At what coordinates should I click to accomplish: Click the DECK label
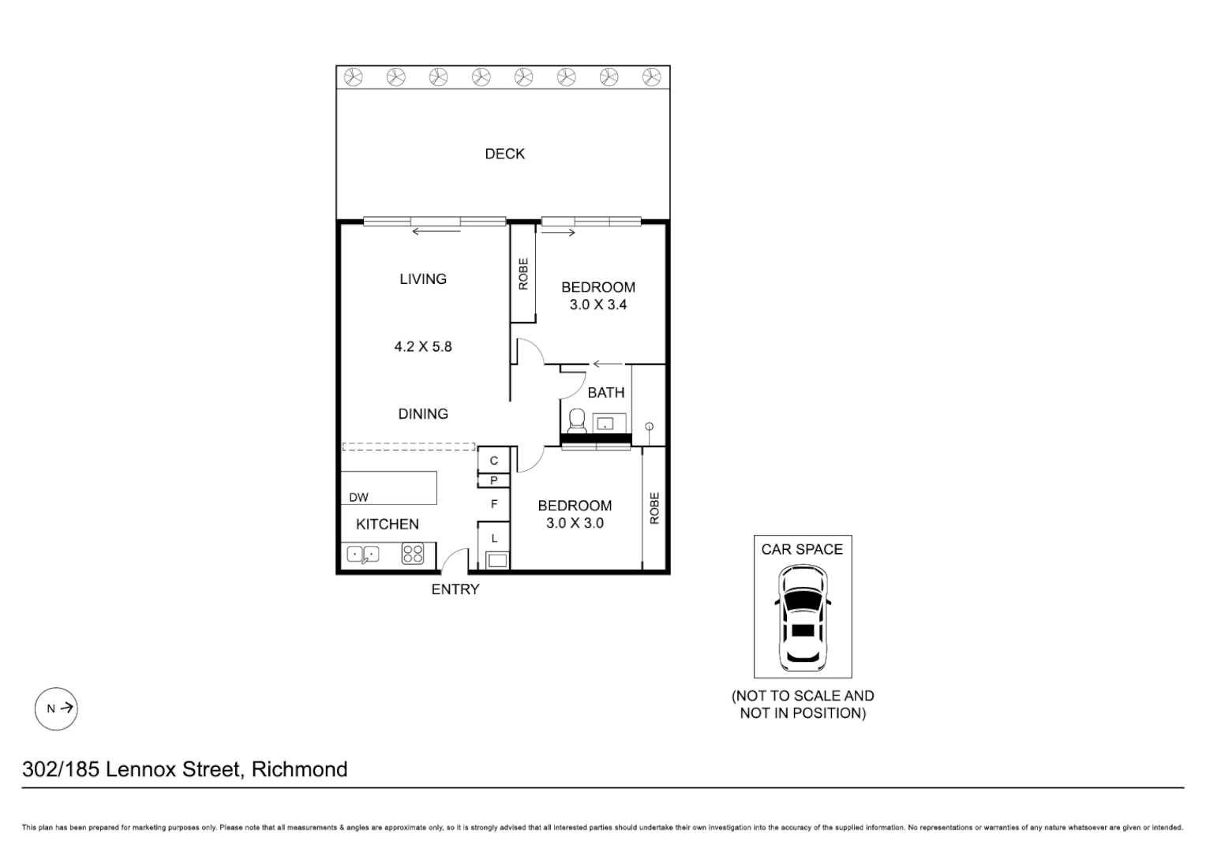[x=504, y=154]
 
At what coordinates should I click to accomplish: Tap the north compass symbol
[x=56, y=708]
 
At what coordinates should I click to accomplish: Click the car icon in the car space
[x=803, y=619]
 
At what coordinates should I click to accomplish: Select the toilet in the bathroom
[x=577, y=420]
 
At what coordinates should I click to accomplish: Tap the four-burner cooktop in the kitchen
[x=413, y=554]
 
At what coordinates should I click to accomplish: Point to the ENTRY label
[x=455, y=589]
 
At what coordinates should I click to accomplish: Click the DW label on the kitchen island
[x=358, y=497]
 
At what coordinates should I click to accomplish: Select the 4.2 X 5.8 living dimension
[x=423, y=346]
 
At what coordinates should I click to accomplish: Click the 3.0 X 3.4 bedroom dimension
[x=597, y=305]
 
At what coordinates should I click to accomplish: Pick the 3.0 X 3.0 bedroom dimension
[x=575, y=523]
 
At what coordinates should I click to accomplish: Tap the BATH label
[x=605, y=392]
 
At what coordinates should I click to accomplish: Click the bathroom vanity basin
[x=605, y=424]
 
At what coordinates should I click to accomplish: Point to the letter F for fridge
[x=494, y=504]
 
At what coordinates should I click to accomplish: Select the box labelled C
[x=494, y=461]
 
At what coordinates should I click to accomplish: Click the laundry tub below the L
[x=496, y=561]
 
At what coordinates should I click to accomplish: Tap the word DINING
[x=423, y=414]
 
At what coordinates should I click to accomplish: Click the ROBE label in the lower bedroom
[x=654, y=509]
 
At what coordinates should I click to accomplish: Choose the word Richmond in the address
[x=299, y=769]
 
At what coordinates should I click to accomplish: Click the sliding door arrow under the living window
[x=436, y=232]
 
